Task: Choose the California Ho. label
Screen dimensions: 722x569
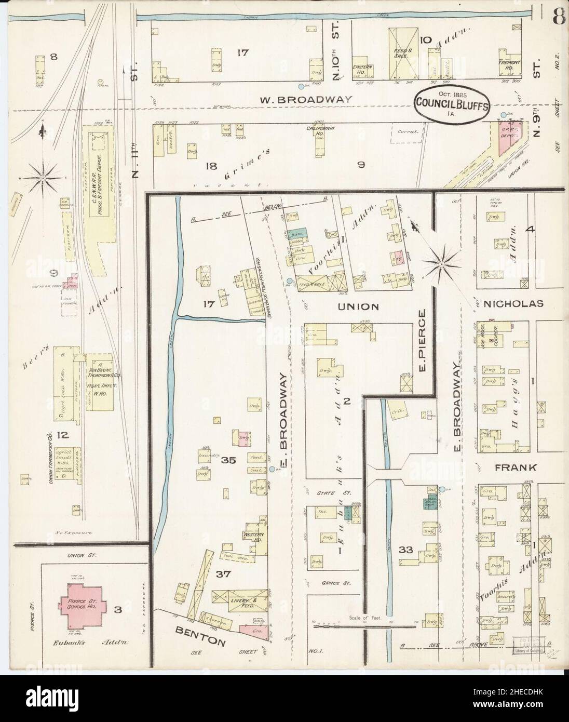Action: (x=320, y=131)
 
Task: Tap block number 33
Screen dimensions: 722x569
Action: (x=405, y=550)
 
